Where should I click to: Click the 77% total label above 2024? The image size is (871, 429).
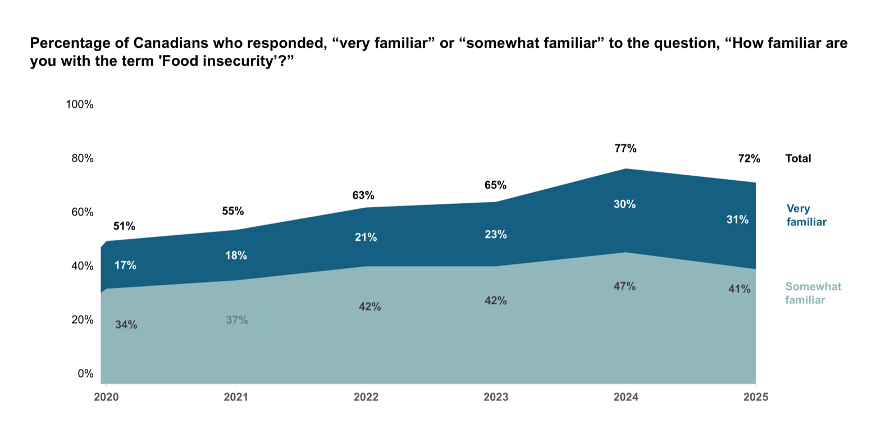coord(625,149)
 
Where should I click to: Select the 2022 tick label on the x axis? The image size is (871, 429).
coord(366,398)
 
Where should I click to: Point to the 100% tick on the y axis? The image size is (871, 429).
coord(79,104)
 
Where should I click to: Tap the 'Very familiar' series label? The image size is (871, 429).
coord(806,215)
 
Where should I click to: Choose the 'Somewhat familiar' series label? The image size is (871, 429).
coord(813,293)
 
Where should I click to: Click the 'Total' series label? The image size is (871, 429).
coord(797,159)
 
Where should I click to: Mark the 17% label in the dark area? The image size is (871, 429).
coord(125,266)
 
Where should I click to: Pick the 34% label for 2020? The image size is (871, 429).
coord(126,325)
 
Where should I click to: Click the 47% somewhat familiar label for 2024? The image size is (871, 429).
coord(624,286)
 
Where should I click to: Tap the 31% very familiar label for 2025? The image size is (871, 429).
coord(737,220)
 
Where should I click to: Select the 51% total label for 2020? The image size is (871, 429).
coord(124,226)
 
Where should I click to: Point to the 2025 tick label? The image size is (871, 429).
coord(755,398)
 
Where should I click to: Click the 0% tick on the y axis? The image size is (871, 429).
coord(85,373)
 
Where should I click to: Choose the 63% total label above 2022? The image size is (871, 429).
coord(363,195)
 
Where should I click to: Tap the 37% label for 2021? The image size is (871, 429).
coord(237,320)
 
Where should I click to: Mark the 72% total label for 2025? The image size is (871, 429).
coord(749,159)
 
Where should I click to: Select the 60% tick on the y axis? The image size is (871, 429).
coord(82,212)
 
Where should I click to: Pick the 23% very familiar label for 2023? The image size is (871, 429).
coord(495,235)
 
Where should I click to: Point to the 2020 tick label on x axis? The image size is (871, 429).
coord(106,398)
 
